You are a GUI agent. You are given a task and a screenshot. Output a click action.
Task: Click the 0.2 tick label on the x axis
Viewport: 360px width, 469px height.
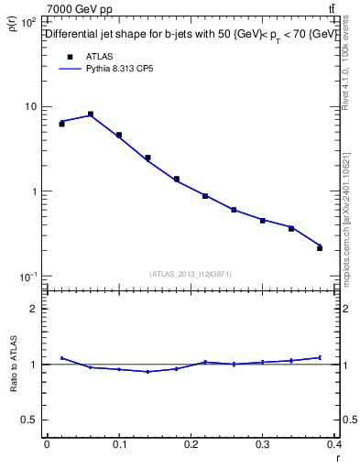[x=191, y=444]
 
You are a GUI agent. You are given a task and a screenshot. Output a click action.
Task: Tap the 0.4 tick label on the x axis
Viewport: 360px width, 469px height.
[x=333, y=444]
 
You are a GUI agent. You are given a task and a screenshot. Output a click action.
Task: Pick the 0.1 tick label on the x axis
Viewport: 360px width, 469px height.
[x=118, y=444]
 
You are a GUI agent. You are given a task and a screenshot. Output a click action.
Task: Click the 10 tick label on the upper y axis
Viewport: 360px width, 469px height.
[x=31, y=106]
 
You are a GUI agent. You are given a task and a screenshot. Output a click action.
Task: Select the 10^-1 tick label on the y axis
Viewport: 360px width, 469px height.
[x=28, y=277]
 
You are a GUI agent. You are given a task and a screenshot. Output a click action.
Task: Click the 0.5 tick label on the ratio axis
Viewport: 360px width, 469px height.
[x=30, y=420]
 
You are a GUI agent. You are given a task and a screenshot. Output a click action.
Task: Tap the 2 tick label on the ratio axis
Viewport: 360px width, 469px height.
[x=35, y=309]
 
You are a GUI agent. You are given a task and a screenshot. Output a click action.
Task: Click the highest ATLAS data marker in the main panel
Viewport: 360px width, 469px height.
[x=91, y=115]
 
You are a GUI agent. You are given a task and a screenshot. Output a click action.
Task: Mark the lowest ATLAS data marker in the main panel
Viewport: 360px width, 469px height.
[x=320, y=248]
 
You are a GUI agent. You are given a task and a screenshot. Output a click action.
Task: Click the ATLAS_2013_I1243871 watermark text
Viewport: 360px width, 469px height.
[x=190, y=274]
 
